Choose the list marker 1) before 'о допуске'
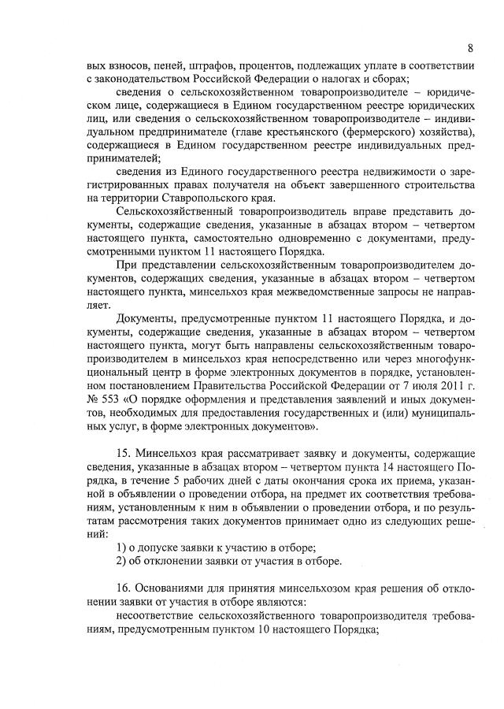(x=121, y=547)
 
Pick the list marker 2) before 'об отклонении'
(x=121, y=561)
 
